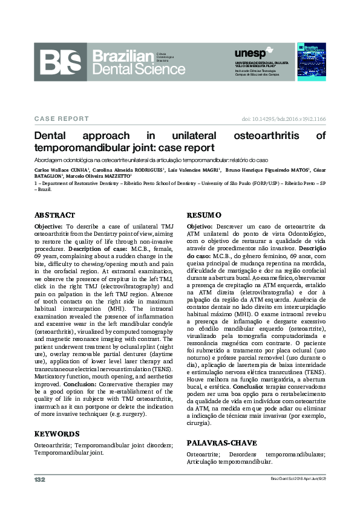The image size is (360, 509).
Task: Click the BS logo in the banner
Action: click(x=61, y=62)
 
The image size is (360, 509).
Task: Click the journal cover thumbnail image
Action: click(x=312, y=62)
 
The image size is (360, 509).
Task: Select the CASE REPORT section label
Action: click(x=62, y=119)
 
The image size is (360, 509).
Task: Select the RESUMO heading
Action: click(x=204, y=215)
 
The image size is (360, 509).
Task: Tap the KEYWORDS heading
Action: click(x=57, y=433)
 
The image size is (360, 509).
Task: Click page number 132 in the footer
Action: click(x=40, y=479)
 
